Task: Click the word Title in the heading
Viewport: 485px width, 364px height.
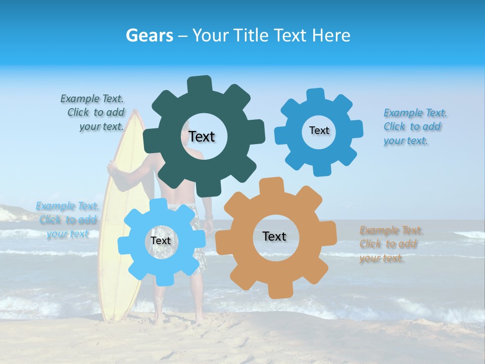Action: click(251, 35)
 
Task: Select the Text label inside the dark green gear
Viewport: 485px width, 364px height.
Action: click(202, 136)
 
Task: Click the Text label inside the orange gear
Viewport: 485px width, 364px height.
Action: click(274, 237)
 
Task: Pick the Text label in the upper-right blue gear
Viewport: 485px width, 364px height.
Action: click(319, 130)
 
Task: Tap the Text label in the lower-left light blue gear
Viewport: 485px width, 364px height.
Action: click(161, 241)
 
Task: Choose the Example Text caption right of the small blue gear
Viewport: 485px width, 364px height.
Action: click(414, 127)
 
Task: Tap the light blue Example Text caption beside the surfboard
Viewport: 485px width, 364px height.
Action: click(67, 220)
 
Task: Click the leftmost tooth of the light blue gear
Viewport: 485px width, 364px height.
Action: click(123, 245)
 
